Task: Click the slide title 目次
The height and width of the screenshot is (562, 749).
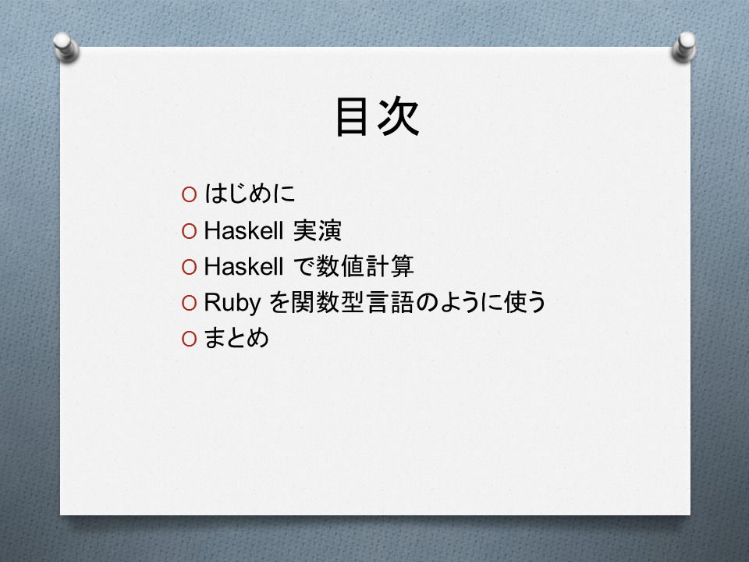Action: (378, 116)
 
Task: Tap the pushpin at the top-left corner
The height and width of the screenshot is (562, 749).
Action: (66, 47)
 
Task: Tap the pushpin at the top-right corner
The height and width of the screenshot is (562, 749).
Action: (683, 47)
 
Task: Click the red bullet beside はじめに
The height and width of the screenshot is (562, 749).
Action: (189, 194)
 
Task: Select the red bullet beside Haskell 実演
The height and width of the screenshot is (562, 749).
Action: (189, 231)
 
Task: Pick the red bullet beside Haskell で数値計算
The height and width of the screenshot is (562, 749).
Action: (189, 267)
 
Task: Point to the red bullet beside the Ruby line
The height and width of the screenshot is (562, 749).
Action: (189, 303)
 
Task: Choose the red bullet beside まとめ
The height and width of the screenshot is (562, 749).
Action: (189, 339)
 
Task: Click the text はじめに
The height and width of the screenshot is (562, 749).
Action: (250, 194)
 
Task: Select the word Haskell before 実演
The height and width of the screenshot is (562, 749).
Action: (243, 230)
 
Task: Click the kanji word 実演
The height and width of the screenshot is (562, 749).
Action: (318, 230)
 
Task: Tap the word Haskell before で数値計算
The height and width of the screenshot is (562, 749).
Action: (243, 266)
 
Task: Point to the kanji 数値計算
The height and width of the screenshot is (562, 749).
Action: (365, 266)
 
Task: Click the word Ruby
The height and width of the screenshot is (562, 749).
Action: (233, 303)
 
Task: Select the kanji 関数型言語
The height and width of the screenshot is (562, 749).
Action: (353, 302)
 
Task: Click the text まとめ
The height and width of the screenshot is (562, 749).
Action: (236, 338)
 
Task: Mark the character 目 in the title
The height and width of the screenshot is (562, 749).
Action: (351, 117)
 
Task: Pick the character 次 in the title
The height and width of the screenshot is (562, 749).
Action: (399, 116)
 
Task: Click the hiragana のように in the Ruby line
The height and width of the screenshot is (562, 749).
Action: (459, 302)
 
